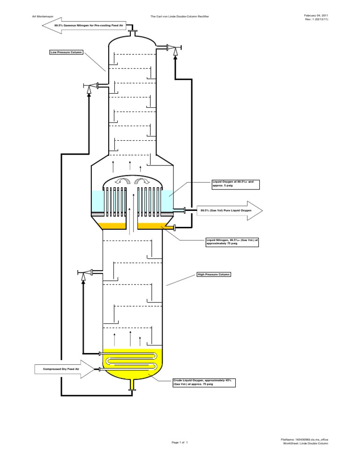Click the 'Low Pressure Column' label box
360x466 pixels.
coord(66,53)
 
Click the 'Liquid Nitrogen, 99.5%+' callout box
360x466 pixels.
coord(232,242)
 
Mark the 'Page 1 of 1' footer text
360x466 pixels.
coord(180,442)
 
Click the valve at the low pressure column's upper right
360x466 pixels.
coord(175,47)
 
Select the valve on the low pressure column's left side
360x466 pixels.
coord(90,85)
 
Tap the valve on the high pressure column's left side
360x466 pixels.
coord(84,272)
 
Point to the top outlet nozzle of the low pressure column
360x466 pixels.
coord(133,33)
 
